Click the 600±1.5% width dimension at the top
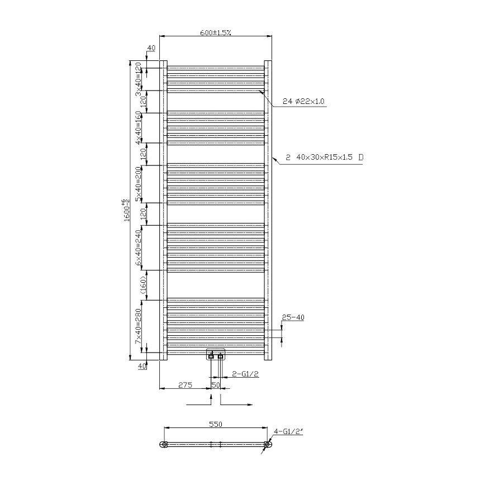coord(216,32)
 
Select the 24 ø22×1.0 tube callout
coord(304,101)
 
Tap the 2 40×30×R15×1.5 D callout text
coord(324,158)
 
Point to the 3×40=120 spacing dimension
coord(138,79)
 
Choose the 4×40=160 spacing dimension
coord(138,127)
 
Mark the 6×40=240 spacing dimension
coord(138,246)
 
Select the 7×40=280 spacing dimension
coord(138,327)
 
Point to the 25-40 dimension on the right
coord(293,317)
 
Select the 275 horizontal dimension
coord(185,384)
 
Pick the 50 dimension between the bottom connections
coord(215,384)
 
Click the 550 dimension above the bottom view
coord(216,424)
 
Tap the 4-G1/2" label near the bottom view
coord(288,431)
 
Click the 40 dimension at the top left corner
coord(151,49)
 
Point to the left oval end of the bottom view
coord(163,445)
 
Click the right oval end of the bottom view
coord(268,445)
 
